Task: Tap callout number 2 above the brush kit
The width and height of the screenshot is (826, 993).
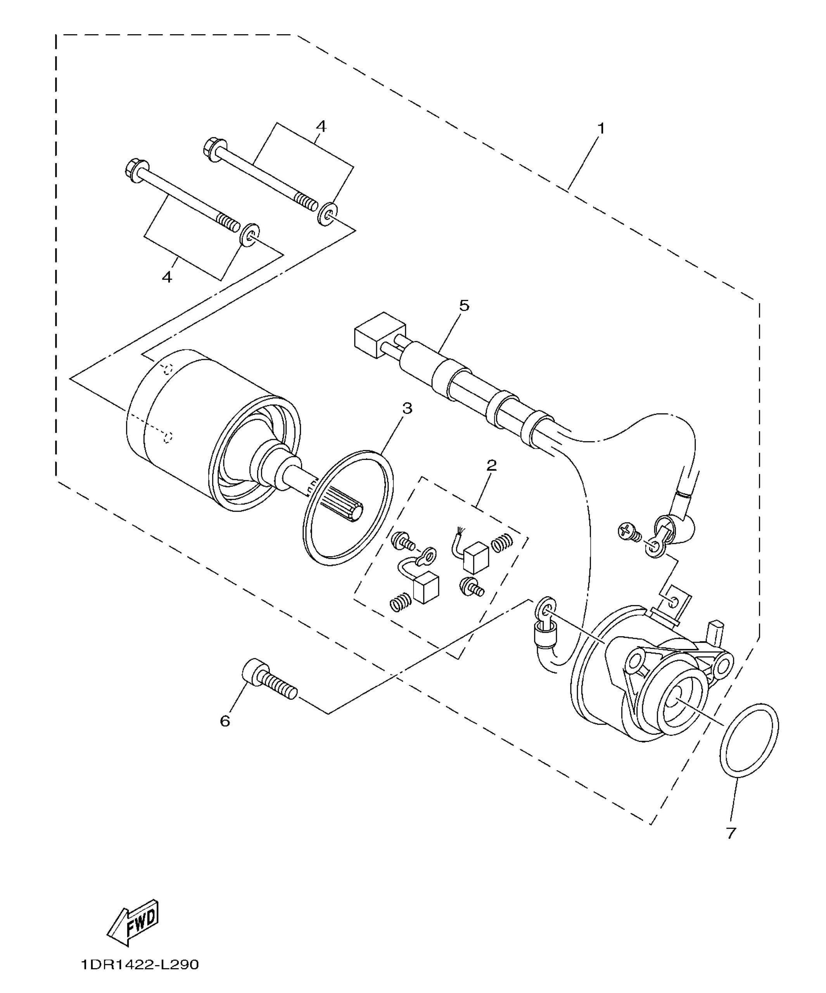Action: click(491, 465)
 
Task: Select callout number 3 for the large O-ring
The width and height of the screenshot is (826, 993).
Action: click(407, 408)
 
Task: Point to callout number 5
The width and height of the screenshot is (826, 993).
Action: click(464, 306)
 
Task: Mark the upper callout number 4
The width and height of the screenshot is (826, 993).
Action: click(321, 127)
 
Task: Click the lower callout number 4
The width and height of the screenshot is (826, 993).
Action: click(167, 277)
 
